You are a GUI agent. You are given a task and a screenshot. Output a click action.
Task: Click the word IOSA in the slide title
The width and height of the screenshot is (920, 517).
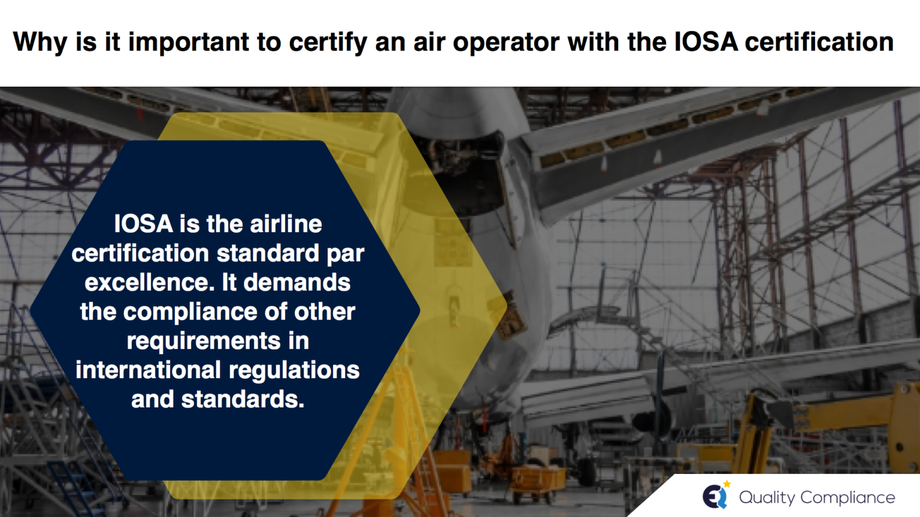coord(705,42)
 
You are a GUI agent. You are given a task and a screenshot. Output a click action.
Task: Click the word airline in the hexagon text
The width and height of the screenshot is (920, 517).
coord(286,224)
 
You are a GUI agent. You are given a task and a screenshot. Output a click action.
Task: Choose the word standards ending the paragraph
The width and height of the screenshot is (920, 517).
coord(243,399)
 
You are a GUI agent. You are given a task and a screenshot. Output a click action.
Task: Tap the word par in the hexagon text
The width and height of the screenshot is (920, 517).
coord(346,254)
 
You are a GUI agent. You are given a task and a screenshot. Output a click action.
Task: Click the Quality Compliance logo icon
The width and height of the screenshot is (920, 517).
coord(715,497)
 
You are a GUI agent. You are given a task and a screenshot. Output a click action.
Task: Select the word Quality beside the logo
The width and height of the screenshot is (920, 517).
coord(767,498)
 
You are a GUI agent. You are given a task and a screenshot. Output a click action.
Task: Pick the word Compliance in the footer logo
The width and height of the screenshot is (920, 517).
coord(848,497)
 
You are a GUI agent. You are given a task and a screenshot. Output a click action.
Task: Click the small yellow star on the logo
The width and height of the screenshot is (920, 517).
coord(727,484)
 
